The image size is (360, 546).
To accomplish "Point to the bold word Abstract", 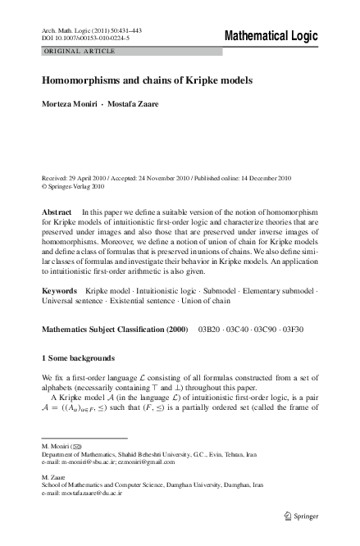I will [57, 212].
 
